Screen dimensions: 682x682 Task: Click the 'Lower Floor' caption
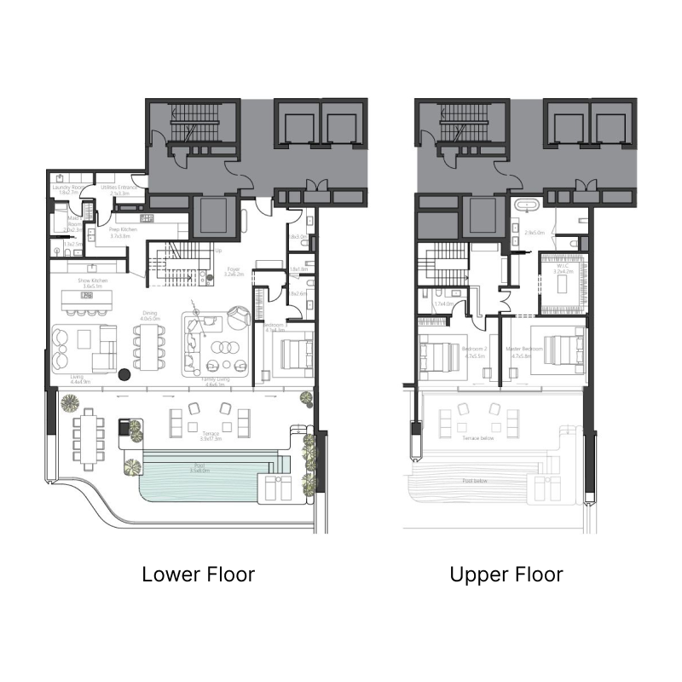point(198,574)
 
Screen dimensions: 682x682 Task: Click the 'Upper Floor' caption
point(506,574)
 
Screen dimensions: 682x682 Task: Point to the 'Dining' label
point(149,315)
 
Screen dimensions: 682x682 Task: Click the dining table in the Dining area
point(149,346)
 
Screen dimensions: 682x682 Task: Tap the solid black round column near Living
point(124,373)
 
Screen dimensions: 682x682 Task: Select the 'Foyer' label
point(233,272)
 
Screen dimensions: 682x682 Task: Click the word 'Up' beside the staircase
point(218,251)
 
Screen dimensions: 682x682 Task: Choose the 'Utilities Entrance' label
point(114,188)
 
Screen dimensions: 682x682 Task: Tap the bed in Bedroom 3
point(293,353)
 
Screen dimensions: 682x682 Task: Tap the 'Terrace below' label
point(480,436)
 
